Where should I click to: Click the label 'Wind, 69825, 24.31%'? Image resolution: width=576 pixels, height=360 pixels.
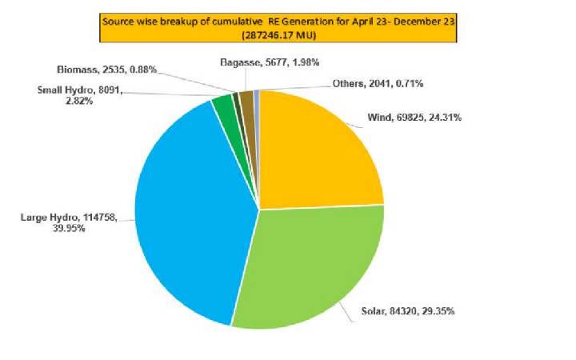[x=414, y=118]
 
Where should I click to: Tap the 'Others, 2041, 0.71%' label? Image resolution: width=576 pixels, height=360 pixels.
[x=378, y=83]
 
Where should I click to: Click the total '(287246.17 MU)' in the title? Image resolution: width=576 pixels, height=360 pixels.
[x=279, y=35]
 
